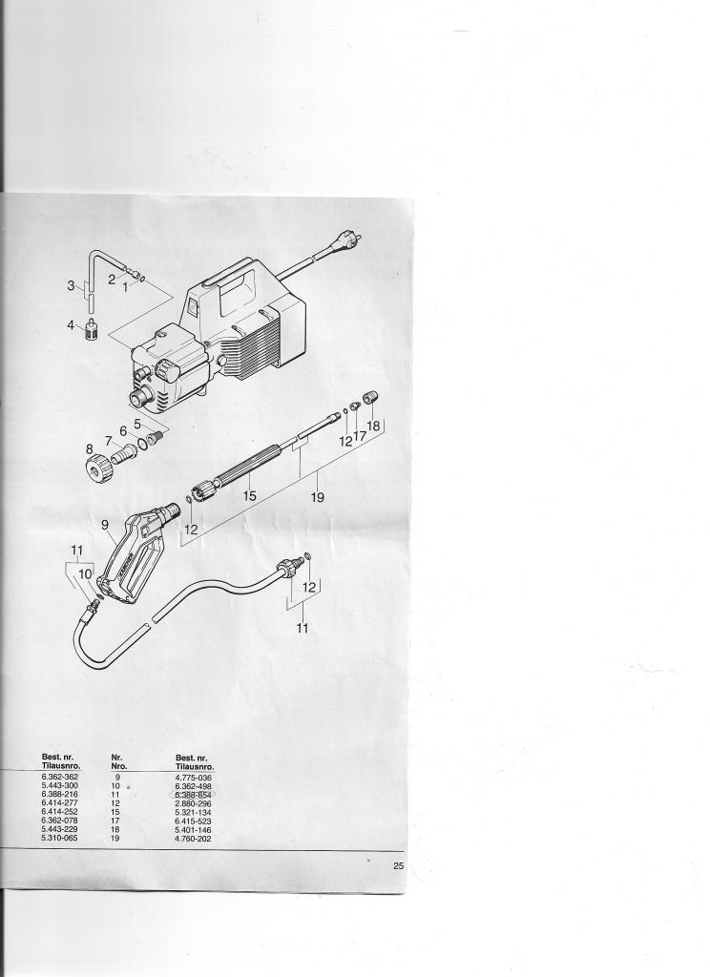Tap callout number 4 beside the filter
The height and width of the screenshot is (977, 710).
[70, 325]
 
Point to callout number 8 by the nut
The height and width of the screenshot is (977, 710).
[89, 448]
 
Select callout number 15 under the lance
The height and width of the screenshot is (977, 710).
[249, 495]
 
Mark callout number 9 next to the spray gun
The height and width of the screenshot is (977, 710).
[105, 525]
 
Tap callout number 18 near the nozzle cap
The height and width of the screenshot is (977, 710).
[373, 426]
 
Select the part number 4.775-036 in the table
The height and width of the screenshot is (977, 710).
[194, 778]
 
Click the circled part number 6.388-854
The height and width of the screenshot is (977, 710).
[194, 795]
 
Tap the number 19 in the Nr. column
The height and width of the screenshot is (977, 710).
[116, 839]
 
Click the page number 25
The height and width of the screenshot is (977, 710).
[398, 866]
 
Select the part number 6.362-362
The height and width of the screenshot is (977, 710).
[61, 778]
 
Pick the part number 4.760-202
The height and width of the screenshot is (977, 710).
[194, 839]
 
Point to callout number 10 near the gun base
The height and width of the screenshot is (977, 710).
[83, 574]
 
